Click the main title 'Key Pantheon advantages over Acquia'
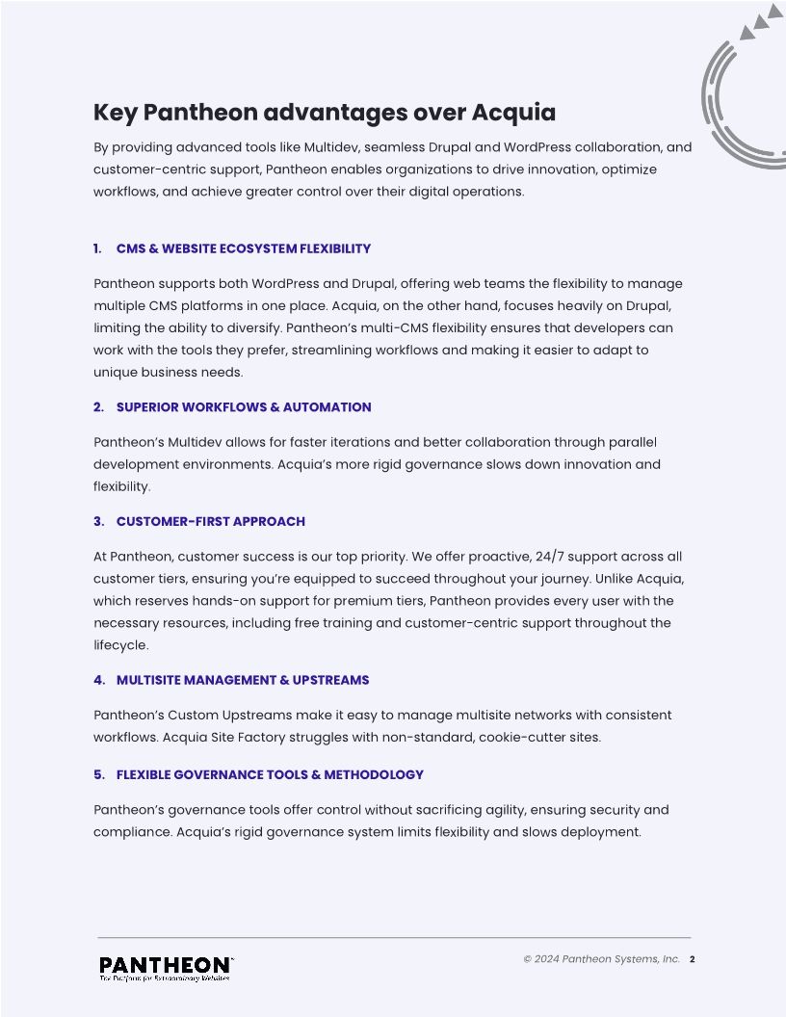pyautogui.click(x=324, y=113)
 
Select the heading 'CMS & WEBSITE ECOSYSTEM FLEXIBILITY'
pyautogui.click(x=243, y=248)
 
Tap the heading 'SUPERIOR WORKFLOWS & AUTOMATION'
pyautogui.click(x=243, y=407)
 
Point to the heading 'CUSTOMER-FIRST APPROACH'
pyautogui.click(x=210, y=521)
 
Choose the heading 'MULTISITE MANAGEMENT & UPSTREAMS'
pyautogui.click(x=242, y=680)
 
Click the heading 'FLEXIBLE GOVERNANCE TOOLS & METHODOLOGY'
pyautogui.click(x=270, y=774)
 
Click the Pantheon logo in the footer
pyautogui.click(x=166, y=965)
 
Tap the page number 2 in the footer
pyautogui.click(x=693, y=959)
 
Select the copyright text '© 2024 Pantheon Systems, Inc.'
pyautogui.click(x=601, y=959)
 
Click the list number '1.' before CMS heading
pyautogui.click(x=97, y=248)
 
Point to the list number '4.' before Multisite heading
pyautogui.click(x=98, y=680)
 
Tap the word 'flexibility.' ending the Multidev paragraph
pyautogui.click(x=121, y=486)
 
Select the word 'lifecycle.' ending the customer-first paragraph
pyautogui.click(x=120, y=645)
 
